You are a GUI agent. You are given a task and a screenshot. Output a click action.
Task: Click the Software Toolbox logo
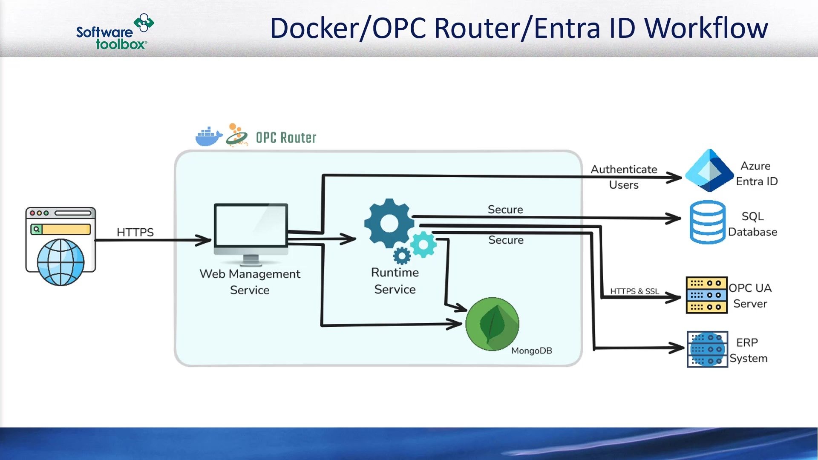114,32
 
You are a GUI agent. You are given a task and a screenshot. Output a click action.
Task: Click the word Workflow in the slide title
706,28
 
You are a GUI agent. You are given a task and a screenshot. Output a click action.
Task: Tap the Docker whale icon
208,137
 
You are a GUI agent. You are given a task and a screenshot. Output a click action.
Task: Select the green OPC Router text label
286,138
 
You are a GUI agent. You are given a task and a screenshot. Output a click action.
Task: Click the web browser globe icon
60,261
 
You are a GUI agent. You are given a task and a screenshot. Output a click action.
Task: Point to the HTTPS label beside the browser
135,232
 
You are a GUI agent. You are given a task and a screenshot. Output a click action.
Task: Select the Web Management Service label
250,282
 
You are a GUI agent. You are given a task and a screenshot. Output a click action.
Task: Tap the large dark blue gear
389,224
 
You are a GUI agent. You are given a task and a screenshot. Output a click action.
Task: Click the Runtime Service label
395,281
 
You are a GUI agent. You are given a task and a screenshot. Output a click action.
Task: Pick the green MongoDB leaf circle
492,324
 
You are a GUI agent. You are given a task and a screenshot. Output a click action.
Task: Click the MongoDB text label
531,351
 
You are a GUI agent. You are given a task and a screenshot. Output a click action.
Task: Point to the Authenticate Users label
624,177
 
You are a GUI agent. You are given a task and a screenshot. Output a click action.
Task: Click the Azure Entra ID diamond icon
709,171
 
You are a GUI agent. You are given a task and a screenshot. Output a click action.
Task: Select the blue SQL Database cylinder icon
707,222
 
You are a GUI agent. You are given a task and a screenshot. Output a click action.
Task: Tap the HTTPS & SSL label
634,291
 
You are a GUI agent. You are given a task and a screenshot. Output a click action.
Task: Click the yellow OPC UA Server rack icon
706,295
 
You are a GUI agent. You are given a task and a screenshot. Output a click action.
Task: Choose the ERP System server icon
707,349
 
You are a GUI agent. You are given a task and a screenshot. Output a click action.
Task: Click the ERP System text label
748,350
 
